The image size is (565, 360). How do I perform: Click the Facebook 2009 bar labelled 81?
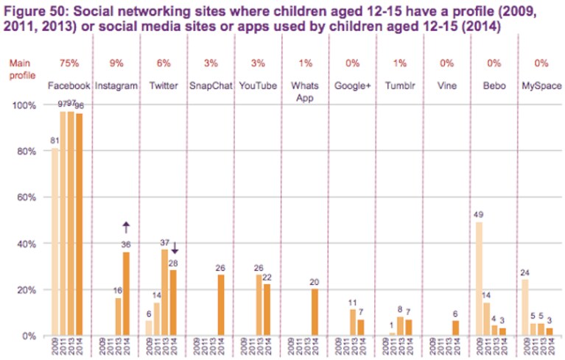(55, 241)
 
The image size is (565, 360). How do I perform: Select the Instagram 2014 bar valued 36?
(126, 294)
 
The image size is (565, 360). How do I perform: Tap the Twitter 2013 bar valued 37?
(164, 292)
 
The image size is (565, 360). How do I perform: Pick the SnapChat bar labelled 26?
(221, 306)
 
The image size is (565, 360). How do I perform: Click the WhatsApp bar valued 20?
(315, 312)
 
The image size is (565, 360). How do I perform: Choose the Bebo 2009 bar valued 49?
(479, 278)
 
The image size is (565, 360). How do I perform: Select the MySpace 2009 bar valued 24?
(525, 308)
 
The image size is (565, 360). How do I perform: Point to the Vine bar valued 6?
(456, 328)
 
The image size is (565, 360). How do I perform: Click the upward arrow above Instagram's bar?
(126, 227)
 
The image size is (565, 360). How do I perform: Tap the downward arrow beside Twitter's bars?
(175, 247)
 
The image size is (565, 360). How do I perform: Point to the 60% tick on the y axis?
(27, 197)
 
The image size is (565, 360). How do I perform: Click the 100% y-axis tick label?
(24, 105)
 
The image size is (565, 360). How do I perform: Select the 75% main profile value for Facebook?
(69, 63)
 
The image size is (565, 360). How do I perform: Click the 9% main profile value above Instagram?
(116, 63)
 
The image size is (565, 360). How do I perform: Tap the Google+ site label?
(352, 86)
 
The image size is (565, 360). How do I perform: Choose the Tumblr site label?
(400, 86)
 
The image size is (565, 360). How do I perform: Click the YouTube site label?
(258, 86)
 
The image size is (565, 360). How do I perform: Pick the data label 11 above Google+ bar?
(352, 303)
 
